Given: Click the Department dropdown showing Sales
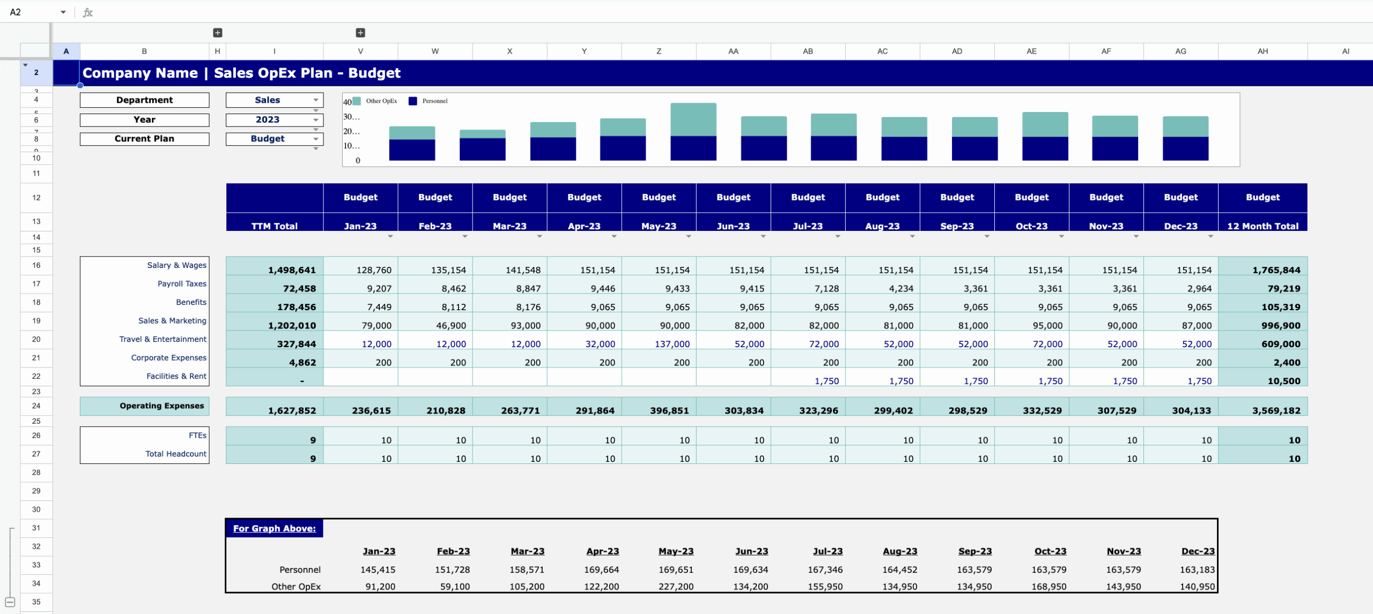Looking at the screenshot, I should [274, 100].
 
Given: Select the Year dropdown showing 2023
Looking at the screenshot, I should [274, 119].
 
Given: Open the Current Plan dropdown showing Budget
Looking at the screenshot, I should [274, 139].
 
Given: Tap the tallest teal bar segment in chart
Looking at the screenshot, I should [693, 119].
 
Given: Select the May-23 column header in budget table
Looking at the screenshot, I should [659, 226].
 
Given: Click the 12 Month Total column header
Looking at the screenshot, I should [1263, 226].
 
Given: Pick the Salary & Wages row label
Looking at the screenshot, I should [176, 265].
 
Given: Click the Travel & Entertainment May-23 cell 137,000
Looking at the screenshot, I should [671, 344].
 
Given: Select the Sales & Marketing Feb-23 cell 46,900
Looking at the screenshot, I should [451, 326].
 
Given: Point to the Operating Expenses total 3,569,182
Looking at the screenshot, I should [1276, 410].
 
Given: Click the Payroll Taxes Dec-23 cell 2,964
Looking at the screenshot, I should [1199, 289].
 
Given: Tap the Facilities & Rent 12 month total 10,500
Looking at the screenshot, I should [1283, 381].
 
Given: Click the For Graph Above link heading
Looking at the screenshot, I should [274, 528].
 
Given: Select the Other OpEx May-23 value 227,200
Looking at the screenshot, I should [675, 587].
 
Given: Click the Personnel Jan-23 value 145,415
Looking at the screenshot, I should [378, 570].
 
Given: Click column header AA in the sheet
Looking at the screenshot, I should [733, 51].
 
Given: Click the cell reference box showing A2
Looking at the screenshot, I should [32, 12].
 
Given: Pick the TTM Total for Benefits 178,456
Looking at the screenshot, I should [292, 307].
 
